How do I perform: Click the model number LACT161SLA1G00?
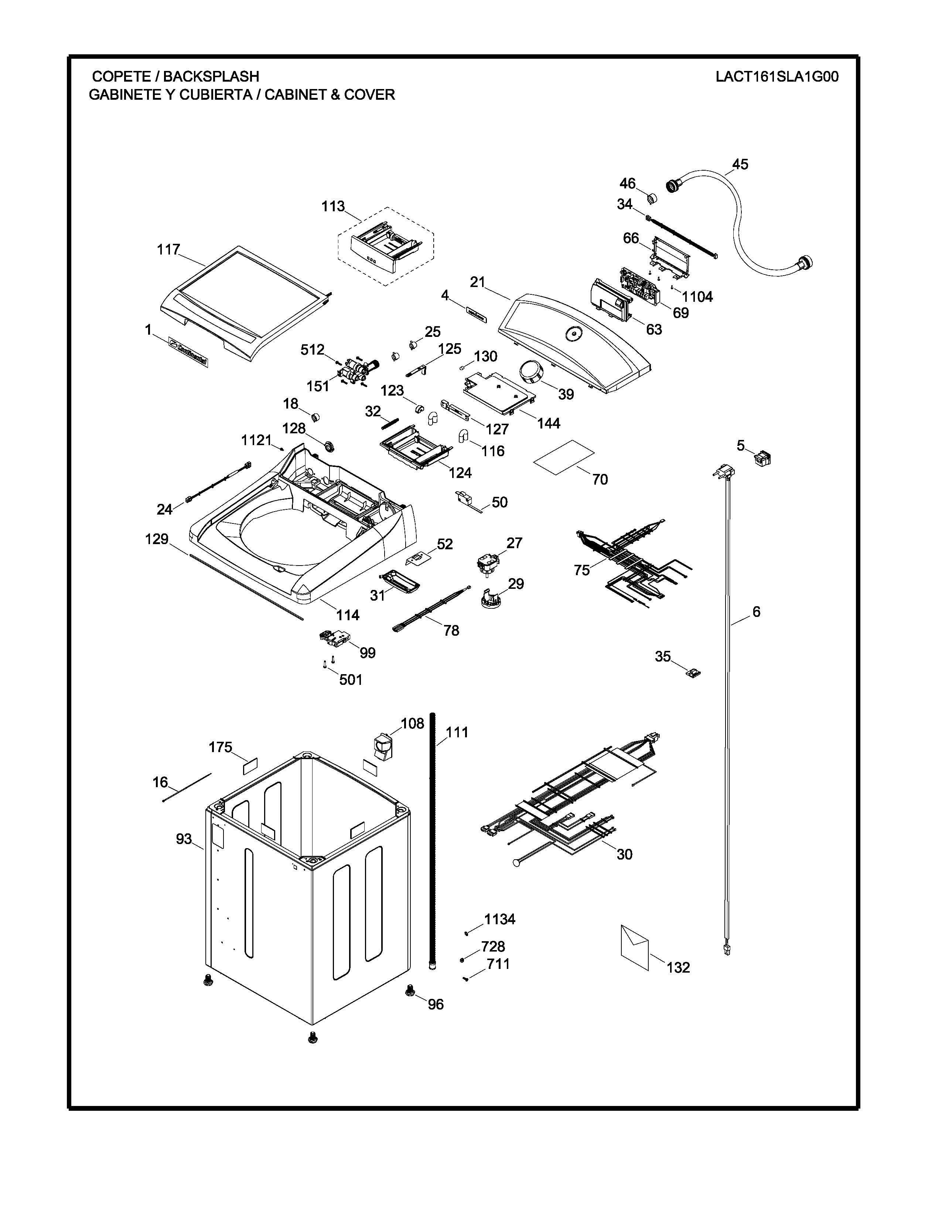[777, 76]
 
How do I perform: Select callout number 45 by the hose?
[740, 165]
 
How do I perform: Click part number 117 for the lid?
[168, 249]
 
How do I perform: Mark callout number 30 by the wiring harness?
[624, 854]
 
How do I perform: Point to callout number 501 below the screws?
[351, 680]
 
